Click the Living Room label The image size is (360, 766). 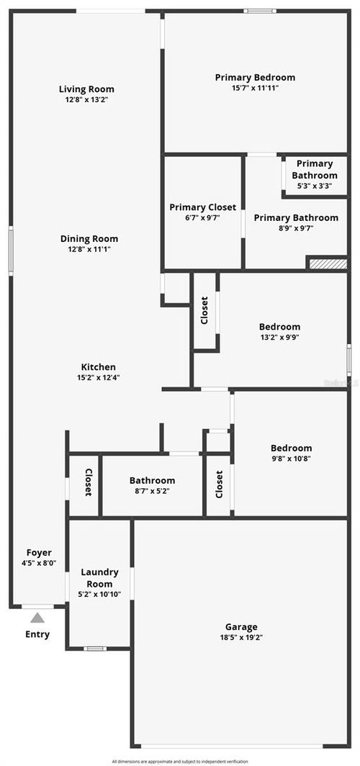point(86,89)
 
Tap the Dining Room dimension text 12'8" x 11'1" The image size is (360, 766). point(89,249)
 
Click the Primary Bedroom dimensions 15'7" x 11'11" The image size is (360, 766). point(255,88)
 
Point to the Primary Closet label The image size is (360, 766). point(202,207)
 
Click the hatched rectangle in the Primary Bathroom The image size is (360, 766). point(328,263)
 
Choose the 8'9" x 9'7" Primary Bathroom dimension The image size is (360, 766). point(296,228)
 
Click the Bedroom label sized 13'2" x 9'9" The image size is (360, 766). point(280,327)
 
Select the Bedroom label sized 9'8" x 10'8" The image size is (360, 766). point(291,448)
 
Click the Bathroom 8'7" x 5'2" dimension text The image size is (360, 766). point(152,491)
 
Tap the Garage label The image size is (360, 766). point(240,627)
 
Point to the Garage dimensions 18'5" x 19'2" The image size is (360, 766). point(240,637)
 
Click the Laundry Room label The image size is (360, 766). point(99,578)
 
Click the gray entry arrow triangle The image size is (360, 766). point(37,618)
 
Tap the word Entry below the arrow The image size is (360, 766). point(37,634)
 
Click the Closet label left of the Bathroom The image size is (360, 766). point(88,482)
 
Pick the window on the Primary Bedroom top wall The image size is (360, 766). point(259,11)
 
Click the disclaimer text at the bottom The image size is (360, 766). point(180,761)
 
